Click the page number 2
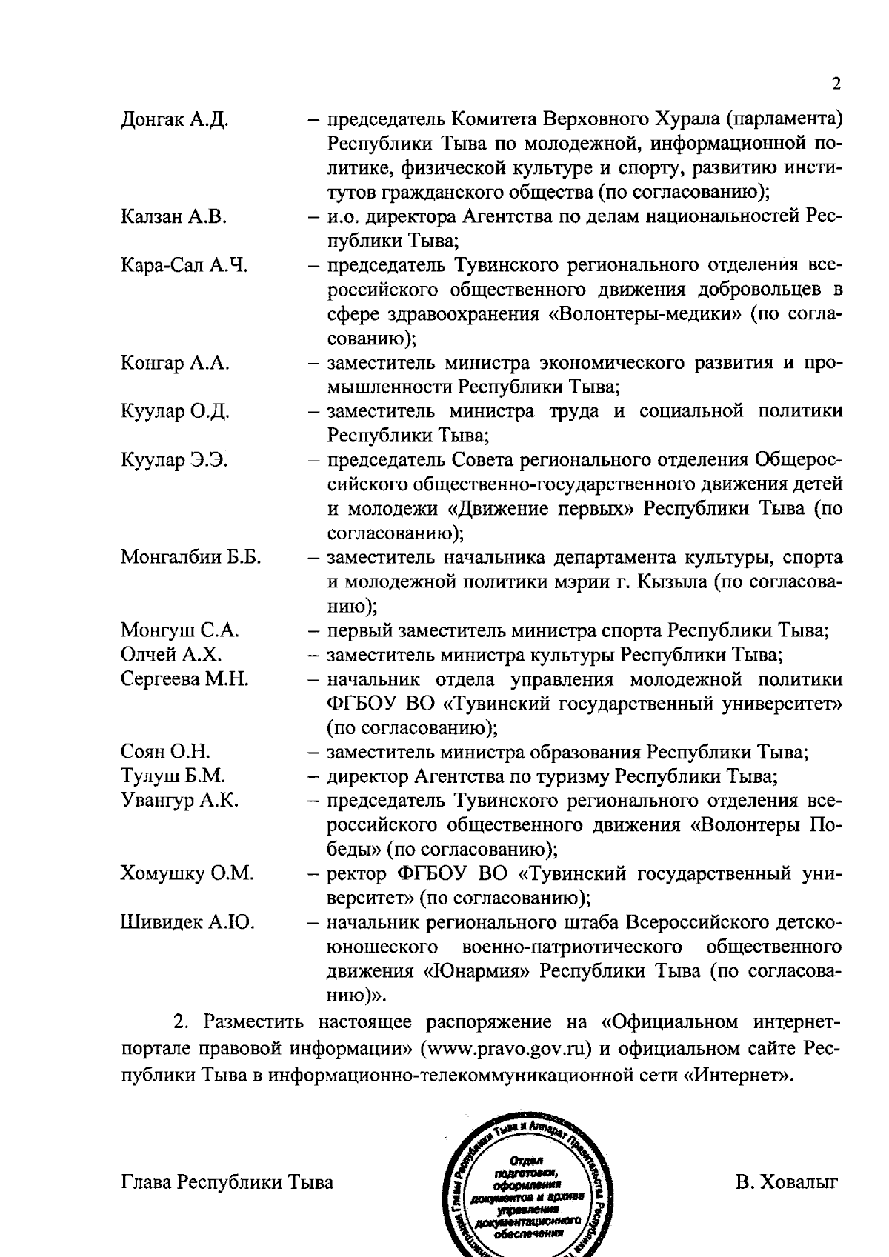pos(836,84)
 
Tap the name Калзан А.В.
pos(173,216)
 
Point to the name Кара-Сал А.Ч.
pos(184,265)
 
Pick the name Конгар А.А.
pos(175,363)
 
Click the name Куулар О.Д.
pos(175,412)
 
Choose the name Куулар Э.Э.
pos(174,461)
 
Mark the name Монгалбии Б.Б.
pos(190,558)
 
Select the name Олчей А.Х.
pos(171,655)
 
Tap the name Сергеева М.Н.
pos(184,679)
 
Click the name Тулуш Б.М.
pos(173,776)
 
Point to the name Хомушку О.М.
pos(187,874)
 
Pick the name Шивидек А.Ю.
pos(187,923)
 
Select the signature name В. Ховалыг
pos(787,1182)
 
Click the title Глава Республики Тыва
pos(227,1182)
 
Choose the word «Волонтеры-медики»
pos(645,314)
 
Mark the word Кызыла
pos(672,582)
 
